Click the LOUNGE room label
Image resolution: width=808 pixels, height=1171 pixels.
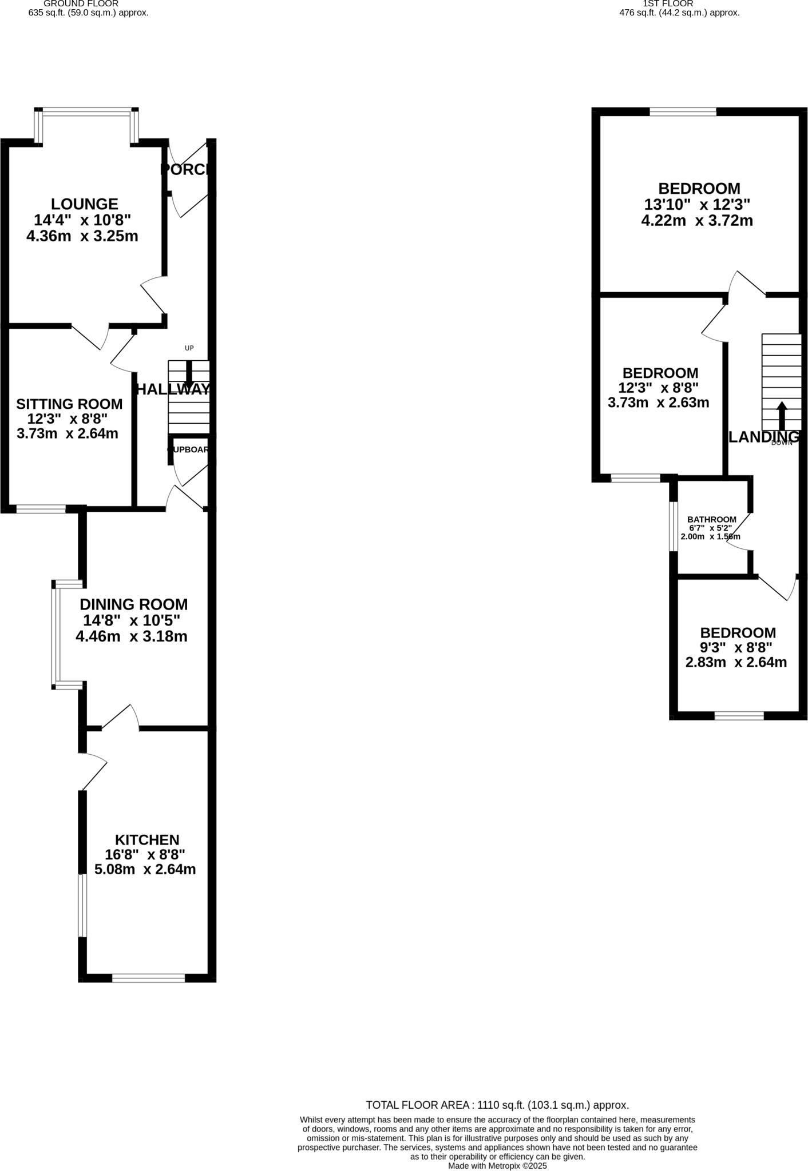point(84,204)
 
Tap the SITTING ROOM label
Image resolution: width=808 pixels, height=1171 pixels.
point(69,404)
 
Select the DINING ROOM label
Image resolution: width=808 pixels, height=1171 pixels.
point(133,604)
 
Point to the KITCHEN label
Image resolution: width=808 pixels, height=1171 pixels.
point(147,839)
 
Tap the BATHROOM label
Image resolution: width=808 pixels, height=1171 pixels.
point(711,519)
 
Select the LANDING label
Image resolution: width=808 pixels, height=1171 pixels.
point(762,437)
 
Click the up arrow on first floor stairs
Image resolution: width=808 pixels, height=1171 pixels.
point(781,415)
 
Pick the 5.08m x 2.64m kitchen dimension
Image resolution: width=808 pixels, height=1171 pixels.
point(145,869)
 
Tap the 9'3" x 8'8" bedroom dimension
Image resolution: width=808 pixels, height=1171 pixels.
point(736,647)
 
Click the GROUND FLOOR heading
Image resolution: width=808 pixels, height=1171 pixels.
point(81,3)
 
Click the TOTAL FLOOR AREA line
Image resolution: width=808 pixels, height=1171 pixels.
point(497,1105)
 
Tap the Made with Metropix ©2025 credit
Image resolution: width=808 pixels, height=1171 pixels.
point(497,1165)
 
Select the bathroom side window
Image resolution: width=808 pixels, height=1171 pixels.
point(674,527)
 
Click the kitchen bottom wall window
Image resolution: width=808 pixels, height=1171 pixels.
point(148,978)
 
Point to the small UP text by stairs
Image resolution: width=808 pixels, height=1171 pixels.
point(189,348)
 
